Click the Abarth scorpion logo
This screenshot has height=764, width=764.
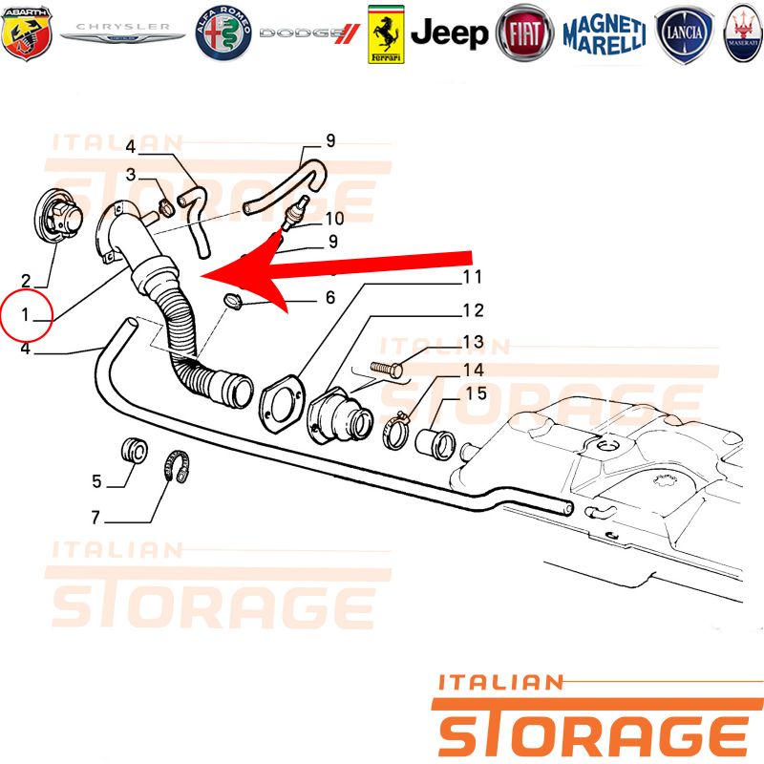[x=27, y=32]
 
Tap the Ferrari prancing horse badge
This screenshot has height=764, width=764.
[x=386, y=34]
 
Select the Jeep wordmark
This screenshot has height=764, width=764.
[x=449, y=33]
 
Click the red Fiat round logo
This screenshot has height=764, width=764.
[x=524, y=33]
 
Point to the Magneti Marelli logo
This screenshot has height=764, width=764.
[x=605, y=33]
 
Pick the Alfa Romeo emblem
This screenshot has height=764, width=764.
[x=223, y=33]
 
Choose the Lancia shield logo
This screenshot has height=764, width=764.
[x=684, y=34]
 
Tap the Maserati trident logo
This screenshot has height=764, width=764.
[x=743, y=33]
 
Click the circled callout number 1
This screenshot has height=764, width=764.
[x=25, y=315]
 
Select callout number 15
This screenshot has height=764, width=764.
[x=476, y=393]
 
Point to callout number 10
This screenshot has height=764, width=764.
[x=335, y=219]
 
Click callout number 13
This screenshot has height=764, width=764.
[x=473, y=342]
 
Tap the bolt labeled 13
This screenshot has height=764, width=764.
[x=387, y=369]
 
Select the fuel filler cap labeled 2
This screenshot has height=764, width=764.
[x=58, y=216]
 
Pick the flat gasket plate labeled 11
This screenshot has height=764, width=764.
[x=282, y=403]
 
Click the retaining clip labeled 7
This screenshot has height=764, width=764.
[x=176, y=466]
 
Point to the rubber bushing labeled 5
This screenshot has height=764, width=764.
[x=134, y=451]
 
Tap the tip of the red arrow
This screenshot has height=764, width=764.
[x=202, y=277]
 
